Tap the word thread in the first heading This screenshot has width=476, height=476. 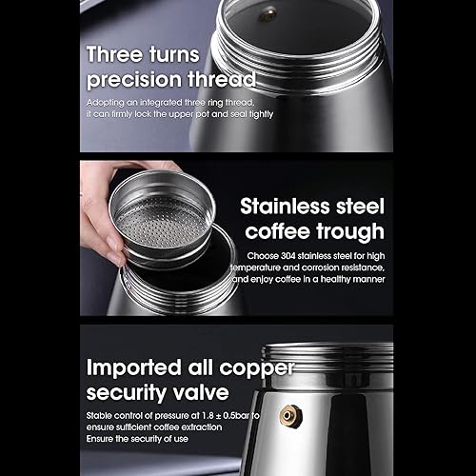pyautogui.click(x=221, y=79)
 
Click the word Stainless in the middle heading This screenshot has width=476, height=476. pyautogui.click(x=283, y=207)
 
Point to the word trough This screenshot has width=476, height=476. pyautogui.click(x=351, y=231)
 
